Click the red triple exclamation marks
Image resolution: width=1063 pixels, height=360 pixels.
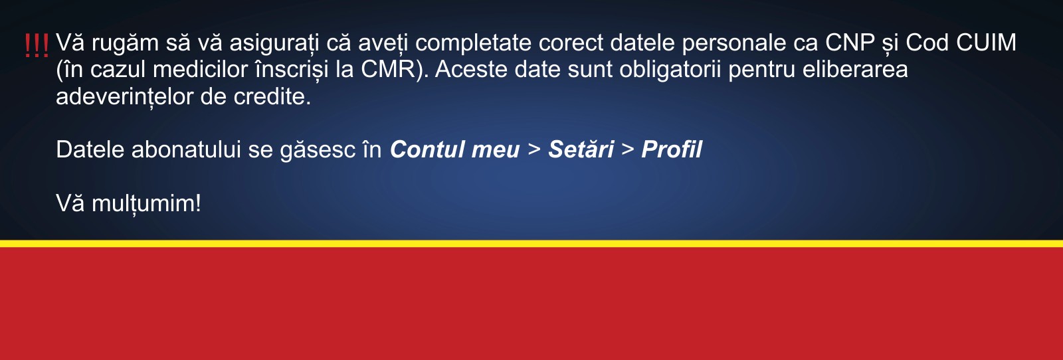pos(37,46)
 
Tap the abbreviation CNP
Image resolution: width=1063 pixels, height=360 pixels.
pos(850,43)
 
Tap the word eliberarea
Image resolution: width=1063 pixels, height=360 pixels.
pos(855,70)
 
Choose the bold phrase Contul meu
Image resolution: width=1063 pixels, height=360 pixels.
pos(454,149)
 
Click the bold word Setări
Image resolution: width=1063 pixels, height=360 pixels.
pos(581,149)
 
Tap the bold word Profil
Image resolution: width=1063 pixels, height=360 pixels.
pos(672,149)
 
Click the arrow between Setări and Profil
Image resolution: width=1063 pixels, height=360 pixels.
pos(627,149)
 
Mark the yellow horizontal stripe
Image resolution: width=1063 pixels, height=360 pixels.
pos(531,244)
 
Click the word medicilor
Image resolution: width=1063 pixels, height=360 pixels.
pos(200,70)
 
